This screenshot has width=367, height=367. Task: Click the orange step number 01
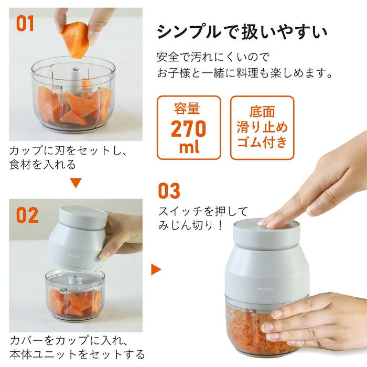(25, 24)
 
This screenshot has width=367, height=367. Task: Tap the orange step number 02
(27, 215)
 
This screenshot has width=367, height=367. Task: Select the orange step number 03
(169, 191)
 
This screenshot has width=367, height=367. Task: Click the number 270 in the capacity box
(188, 129)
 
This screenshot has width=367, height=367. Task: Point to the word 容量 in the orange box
(187, 109)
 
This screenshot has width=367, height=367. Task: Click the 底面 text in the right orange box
(262, 112)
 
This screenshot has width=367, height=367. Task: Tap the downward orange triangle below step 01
(76, 183)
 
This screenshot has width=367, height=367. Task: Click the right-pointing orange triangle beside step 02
(156, 269)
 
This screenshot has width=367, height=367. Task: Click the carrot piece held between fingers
(76, 40)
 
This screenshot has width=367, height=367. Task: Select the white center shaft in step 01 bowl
(75, 80)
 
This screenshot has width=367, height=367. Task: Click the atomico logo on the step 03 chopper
(265, 289)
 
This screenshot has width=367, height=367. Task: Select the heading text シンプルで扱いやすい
(242, 31)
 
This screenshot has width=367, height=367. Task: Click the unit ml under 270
(189, 147)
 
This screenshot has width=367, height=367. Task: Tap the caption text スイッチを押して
(203, 211)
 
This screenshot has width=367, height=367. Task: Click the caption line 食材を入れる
(42, 165)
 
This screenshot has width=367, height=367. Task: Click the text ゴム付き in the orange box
(262, 142)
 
